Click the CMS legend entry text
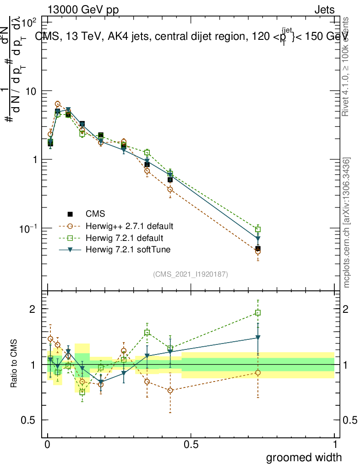click(x=95, y=214)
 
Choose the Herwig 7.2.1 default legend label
click(x=121, y=238)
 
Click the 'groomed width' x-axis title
click(x=304, y=457)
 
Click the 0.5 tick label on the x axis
click(x=191, y=445)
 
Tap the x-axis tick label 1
click(x=335, y=445)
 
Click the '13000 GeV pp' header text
click(x=82, y=10)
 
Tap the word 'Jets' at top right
click(x=324, y=10)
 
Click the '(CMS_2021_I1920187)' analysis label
click(x=191, y=274)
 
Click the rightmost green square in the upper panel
click(x=258, y=229)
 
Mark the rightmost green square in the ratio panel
click(x=258, y=313)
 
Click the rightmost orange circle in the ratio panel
click(x=258, y=373)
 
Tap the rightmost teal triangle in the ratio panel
click(x=258, y=338)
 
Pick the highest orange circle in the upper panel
click(x=58, y=104)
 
